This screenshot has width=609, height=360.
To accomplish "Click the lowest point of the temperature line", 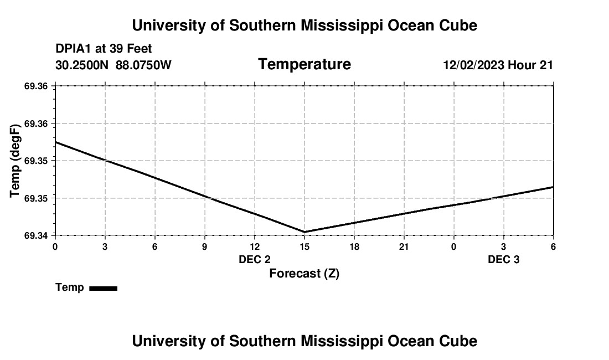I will coord(304,232).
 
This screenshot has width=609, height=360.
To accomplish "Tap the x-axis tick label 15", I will coord(304,246).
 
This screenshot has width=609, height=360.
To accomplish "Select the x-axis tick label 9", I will coord(205,246).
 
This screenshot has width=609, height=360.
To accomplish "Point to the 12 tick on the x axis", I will coord(254,246).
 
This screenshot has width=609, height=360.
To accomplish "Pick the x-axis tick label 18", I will coord(354,246).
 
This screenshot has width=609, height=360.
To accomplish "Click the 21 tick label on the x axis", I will coord(404,246).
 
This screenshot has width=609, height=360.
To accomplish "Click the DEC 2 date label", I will coord(255,260).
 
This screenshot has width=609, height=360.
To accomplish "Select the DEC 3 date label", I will coord(503,260).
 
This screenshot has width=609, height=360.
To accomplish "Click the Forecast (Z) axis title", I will coord(304,273).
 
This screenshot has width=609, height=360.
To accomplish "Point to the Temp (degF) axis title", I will coord(16,161).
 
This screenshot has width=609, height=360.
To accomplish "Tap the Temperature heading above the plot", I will coord(304,64).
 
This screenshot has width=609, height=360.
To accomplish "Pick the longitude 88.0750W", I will coord(143,65).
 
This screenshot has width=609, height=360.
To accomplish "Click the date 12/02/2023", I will coord(473,65).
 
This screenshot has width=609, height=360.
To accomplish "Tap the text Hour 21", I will coord(530,65).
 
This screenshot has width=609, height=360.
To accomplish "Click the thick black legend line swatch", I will coord(103,288).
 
